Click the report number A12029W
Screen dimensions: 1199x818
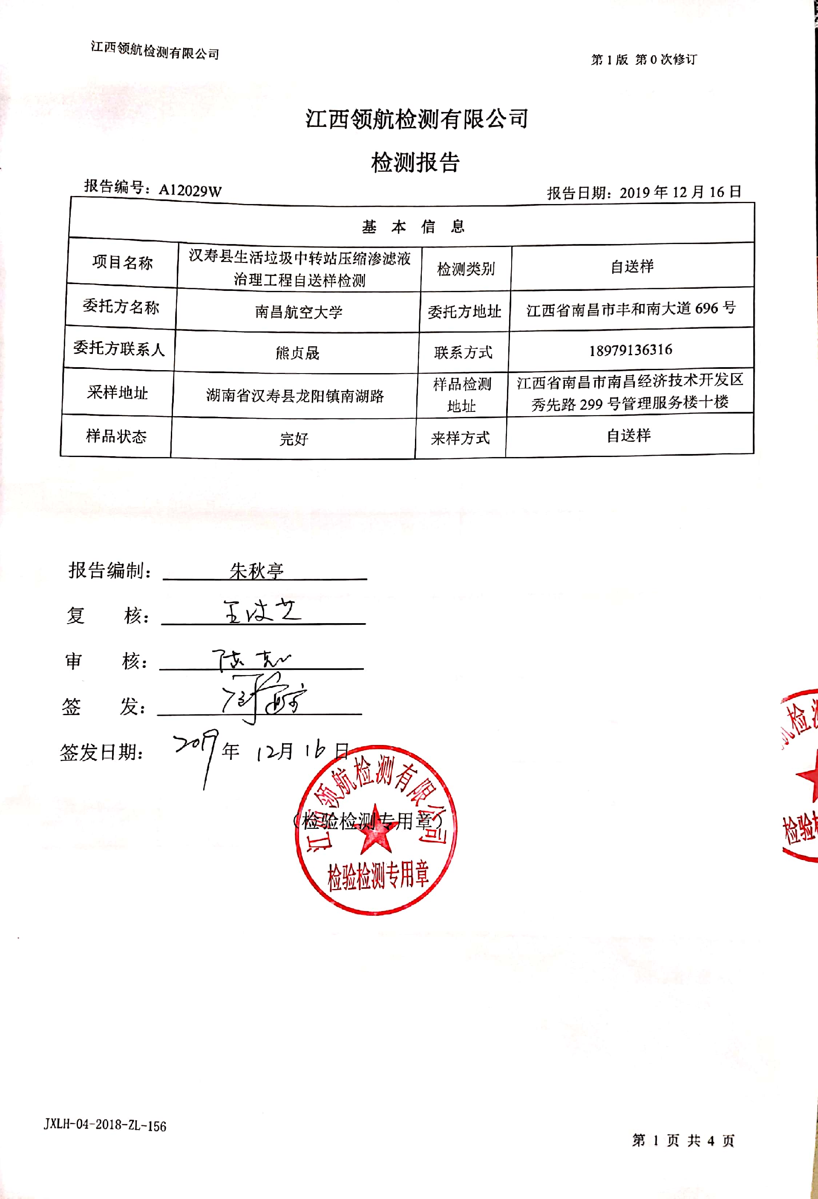click(190, 190)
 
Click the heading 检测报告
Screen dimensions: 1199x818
click(415, 163)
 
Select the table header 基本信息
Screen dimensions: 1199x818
click(413, 227)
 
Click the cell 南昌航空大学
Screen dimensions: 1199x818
click(298, 312)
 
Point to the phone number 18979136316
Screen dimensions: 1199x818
click(631, 350)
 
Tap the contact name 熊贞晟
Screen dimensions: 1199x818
click(297, 353)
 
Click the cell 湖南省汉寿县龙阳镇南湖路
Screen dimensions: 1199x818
click(295, 396)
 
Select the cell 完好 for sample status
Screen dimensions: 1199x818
click(294, 439)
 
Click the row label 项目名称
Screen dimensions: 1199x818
click(122, 263)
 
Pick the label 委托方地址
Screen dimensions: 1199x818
click(464, 311)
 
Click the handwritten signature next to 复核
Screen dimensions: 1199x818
click(262, 612)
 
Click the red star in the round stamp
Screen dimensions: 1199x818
click(376, 830)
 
